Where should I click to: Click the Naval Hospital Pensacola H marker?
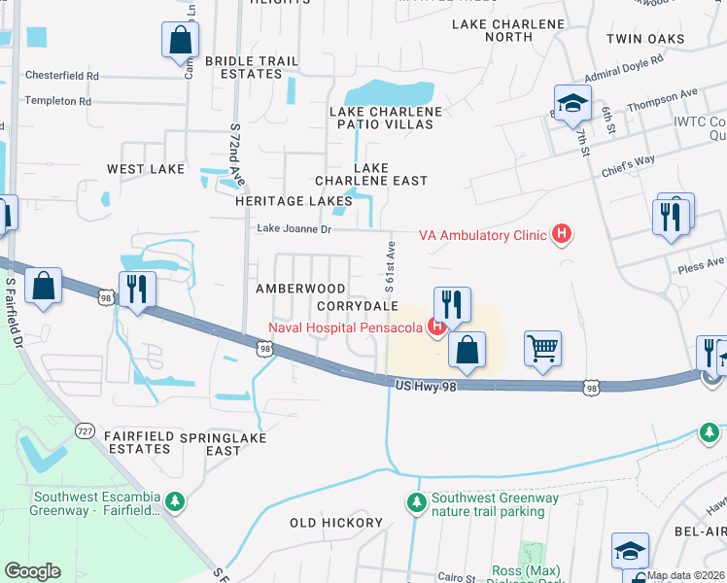(x=437, y=326)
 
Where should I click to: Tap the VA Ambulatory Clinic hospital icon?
(x=561, y=234)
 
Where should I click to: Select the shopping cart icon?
(x=543, y=348)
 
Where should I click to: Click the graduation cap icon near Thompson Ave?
(x=573, y=102)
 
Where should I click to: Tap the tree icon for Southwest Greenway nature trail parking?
(x=416, y=502)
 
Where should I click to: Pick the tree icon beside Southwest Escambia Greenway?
(x=175, y=501)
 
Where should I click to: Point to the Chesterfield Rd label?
(x=62, y=75)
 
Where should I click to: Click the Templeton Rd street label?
(x=58, y=100)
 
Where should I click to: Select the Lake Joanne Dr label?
(x=294, y=229)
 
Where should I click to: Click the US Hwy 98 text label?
(x=425, y=386)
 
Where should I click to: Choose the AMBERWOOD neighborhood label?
(x=300, y=289)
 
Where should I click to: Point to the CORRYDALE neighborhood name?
(x=358, y=305)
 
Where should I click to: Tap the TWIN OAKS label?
(x=644, y=40)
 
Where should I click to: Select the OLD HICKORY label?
(x=336, y=523)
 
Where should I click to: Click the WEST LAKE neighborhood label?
(x=146, y=169)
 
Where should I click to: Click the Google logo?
(x=32, y=571)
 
